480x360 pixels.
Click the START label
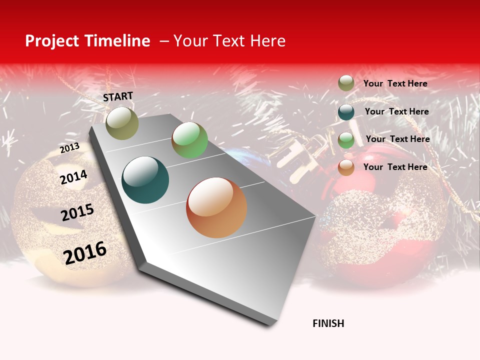pyautogui.click(x=118, y=96)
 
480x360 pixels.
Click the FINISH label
pyautogui.click(x=328, y=323)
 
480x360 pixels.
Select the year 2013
pyautogui.click(x=69, y=148)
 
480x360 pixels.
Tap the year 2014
pyautogui.click(x=73, y=177)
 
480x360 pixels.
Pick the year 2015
pyautogui.click(x=77, y=212)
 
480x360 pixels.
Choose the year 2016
pyautogui.click(x=85, y=253)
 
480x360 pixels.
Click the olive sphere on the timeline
pyautogui.click(x=122, y=123)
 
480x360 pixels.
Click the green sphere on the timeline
pyautogui.click(x=189, y=140)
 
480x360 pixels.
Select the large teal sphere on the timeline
pyautogui.click(x=145, y=180)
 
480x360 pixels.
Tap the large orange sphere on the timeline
pyautogui.click(x=216, y=207)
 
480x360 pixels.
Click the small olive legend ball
pyautogui.click(x=346, y=83)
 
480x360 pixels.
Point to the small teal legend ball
pyautogui.click(x=346, y=112)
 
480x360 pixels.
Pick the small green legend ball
pyautogui.click(x=346, y=139)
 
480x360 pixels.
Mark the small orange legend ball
pyautogui.click(x=346, y=167)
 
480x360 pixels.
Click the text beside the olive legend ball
pyautogui.click(x=395, y=84)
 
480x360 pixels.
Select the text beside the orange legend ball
pyautogui.click(x=395, y=167)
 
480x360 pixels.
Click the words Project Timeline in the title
pyautogui.click(x=87, y=41)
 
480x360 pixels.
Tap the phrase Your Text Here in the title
pyautogui.click(x=229, y=41)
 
